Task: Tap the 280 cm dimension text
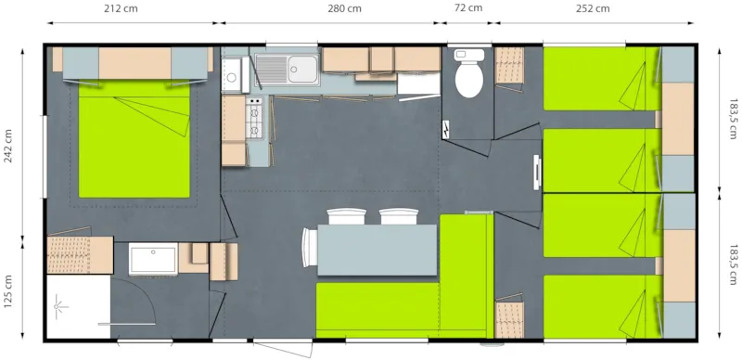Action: pyautogui.click(x=345, y=9)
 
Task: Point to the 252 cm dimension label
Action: pyautogui.click(x=593, y=9)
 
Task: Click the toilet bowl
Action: pyautogui.click(x=468, y=79)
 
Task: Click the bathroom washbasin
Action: pyautogui.click(x=153, y=259)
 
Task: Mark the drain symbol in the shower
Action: pyautogui.click(x=61, y=302)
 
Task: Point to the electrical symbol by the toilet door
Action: pyautogui.click(x=448, y=129)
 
